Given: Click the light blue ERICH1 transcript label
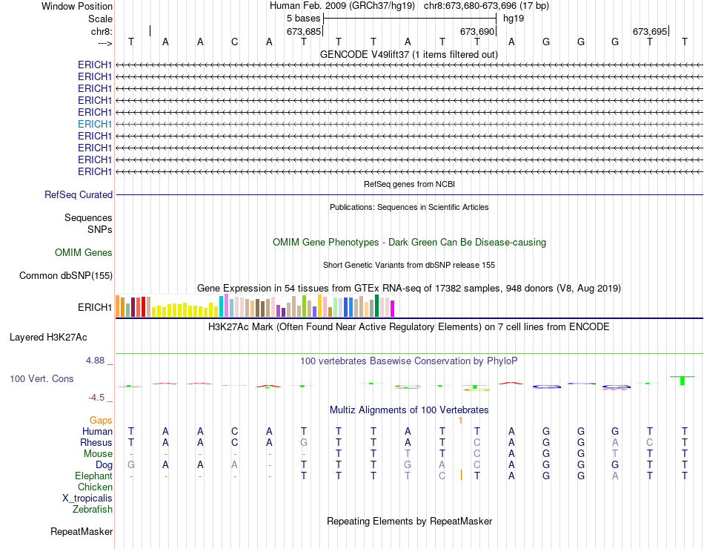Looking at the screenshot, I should pyautogui.click(x=95, y=124).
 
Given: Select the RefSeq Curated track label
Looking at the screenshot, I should pyautogui.click(x=79, y=194).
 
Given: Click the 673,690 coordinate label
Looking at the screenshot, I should pyautogui.click(x=476, y=31).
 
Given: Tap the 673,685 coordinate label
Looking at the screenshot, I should pyautogui.click(x=304, y=31).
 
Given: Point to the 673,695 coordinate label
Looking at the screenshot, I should pyautogui.click(x=650, y=31).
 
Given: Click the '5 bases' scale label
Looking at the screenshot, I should pyautogui.click(x=304, y=18).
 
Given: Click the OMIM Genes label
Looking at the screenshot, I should pyautogui.click(x=84, y=253).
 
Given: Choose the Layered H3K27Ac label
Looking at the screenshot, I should pyautogui.click(x=48, y=337).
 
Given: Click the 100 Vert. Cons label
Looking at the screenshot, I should pyautogui.click(x=41, y=379).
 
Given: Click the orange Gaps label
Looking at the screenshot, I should pyautogui.click(x=101, y=420).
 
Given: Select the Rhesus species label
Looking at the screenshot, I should pyautogui.click(x=96, y=442).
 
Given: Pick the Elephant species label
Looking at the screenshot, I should pyautogui.click(x=93, y=476).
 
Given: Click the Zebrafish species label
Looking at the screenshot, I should pyautogui.click(x=93, y=509).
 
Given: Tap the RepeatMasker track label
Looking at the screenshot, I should pyautogui.click(x=82, y=531).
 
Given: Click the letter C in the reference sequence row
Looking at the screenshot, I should pyautogui.click(x=235, y=42).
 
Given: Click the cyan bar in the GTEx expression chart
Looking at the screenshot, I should pyautogui.click(x=221, y=306).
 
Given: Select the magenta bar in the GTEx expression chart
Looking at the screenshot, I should pyautogui.click(x=392, y=309).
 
